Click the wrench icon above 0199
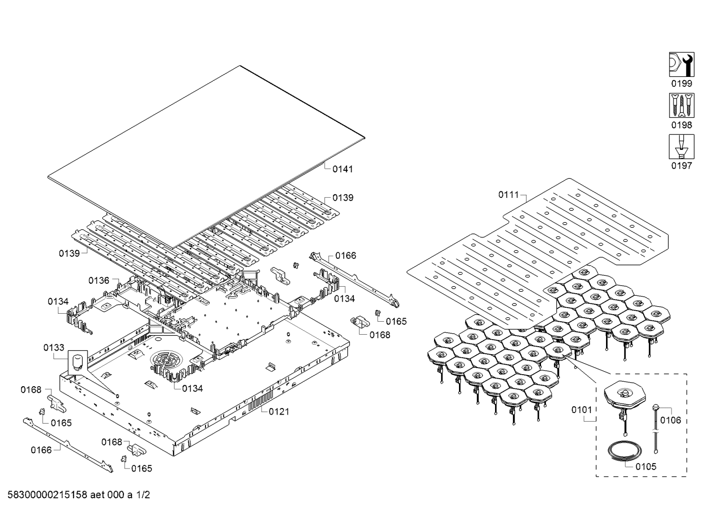681,64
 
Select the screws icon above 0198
681,106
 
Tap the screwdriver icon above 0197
681,147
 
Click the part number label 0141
342,169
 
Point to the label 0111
509,194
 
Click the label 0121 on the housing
279,412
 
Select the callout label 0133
53,347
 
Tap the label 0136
99,280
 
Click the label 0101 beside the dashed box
582,410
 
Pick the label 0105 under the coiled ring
646,467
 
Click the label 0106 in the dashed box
670,420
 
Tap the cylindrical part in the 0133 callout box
77,362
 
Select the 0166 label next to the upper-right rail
345,256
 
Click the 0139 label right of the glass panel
343,198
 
